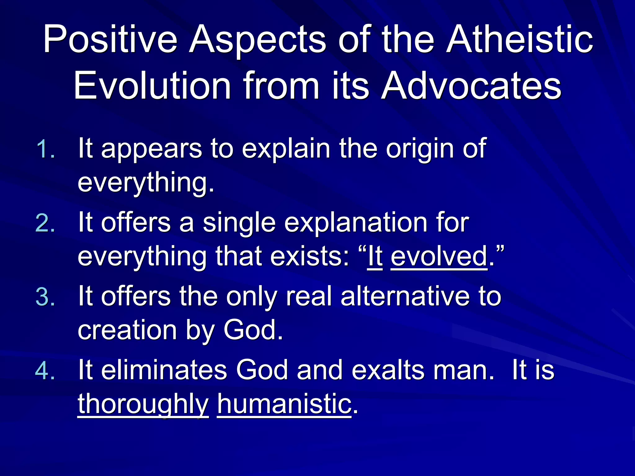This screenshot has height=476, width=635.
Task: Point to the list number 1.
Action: click(45, 149)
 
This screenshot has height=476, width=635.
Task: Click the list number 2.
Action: click(45, 223)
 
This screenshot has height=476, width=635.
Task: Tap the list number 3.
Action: click(45, 297)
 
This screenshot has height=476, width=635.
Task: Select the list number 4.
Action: click(45, 371)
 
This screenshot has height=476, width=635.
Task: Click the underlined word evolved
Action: click(439, 257)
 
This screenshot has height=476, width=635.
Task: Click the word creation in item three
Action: click(127, 330)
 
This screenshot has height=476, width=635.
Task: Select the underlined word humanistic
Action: click(284, 404)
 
